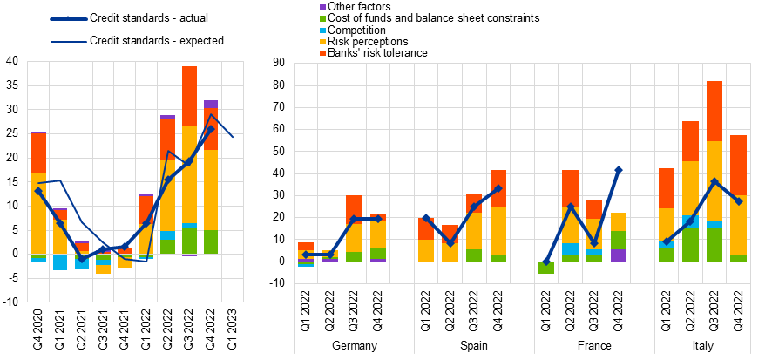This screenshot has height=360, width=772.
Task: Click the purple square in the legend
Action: (x=322, y=7)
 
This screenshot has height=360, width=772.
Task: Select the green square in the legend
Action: (x=322, y=18)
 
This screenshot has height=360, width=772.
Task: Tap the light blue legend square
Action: (x=322, y=31)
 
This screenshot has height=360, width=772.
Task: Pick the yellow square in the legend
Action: (x=322, y=42)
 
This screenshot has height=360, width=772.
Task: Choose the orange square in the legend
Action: (x=322, y=53)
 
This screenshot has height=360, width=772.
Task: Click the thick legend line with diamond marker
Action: (x=68, y=18)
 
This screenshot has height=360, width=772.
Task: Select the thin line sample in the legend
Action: (x=68, y=42)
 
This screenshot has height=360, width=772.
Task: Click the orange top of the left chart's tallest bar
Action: (x=189, y=95)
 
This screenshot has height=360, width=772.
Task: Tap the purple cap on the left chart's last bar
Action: (x=211, y=104)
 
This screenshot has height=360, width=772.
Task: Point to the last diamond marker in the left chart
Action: (x=211, y=129)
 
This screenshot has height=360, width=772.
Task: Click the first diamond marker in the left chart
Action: (x=38, y=191)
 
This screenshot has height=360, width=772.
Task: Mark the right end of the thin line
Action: (x=233, y=137)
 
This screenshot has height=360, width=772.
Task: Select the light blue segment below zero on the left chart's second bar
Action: (x=60, y=262)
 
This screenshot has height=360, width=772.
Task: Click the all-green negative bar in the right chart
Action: (x=546, y=268)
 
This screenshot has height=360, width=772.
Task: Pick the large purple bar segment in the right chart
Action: (x=619, y=255)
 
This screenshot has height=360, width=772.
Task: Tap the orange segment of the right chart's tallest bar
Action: (x=714, y=111)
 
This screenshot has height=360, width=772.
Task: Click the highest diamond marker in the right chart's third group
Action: (x=619, y=170)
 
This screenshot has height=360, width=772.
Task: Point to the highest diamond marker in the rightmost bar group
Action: (x=714, y=181)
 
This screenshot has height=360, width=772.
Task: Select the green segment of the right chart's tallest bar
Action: (x=714, y=245)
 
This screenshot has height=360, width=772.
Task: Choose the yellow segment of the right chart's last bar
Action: (x=738, y=225)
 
